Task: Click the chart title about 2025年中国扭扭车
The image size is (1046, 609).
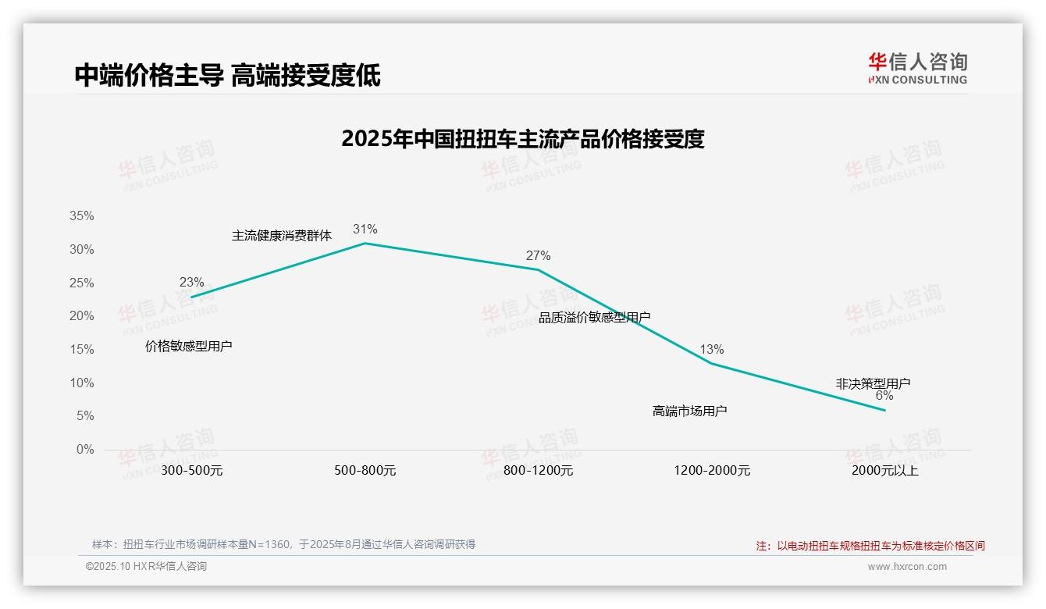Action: point(523,139)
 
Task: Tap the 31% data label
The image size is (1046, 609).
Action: point(365,229)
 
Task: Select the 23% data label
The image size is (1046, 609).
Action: point(191,283)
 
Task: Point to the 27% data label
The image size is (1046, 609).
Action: point(538,255)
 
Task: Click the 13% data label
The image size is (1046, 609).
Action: point(711,349)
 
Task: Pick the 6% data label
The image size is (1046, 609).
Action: point(884,396)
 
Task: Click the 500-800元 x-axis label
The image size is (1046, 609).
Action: point(365,471)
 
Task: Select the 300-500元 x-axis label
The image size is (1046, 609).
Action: point(191,471)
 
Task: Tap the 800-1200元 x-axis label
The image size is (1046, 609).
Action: point(538,471)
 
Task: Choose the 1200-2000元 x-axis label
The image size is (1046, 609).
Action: point(711,471)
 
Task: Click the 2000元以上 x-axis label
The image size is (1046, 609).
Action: point(884,471)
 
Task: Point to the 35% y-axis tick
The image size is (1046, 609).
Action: point(81,216)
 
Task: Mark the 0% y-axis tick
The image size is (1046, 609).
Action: point(84,450)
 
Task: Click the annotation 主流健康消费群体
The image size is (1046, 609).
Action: point(282,236)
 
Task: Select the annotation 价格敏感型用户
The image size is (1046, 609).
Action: point(189,346)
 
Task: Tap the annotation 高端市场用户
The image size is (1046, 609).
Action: point(689,411)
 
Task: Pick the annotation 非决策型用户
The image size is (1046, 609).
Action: point(873,383)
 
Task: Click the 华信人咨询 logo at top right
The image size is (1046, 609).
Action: point(917,68)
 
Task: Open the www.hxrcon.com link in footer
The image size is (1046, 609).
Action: point(907,567)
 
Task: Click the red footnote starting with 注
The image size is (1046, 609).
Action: point(870,546)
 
